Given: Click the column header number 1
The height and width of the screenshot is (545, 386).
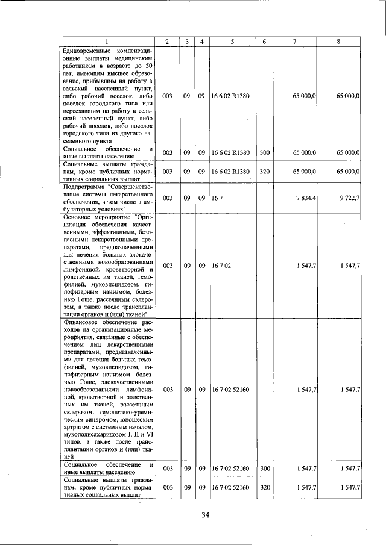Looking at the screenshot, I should click(107, 41).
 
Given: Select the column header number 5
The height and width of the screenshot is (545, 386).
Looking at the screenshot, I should click(232, 41).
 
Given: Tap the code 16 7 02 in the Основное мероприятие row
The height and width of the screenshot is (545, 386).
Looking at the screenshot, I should click(221, 265).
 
